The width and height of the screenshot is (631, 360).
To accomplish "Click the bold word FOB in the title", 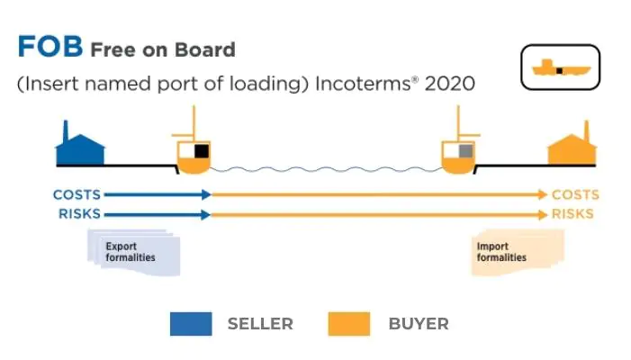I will click(50, 48).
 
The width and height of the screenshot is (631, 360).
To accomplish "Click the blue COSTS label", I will click(77, 194).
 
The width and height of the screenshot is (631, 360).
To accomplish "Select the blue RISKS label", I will click(79, 214).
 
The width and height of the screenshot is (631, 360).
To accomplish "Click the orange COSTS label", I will click(575, 194).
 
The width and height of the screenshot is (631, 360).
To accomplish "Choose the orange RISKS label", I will click(573, 214).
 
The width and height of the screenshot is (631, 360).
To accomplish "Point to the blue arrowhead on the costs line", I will click(206, 194).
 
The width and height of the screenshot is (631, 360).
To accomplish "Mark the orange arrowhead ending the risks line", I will click(542, 214).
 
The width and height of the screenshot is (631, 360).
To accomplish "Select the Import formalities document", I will click(517, 251).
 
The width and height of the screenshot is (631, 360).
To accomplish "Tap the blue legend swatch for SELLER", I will click(191, 324).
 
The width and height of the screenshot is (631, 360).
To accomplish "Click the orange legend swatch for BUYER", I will click(348, 324).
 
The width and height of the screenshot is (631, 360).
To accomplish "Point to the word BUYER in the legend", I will click(419, 324).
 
